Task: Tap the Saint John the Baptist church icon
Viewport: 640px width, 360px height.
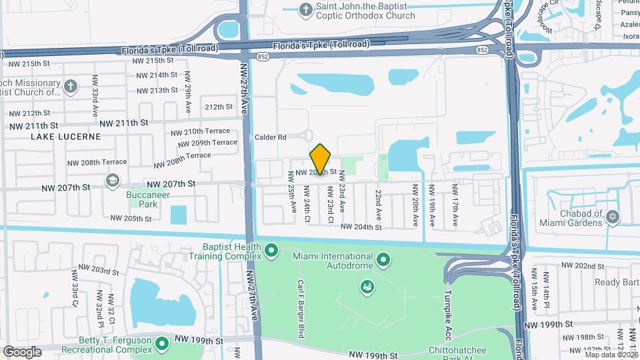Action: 305,9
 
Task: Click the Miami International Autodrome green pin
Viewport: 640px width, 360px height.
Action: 383,258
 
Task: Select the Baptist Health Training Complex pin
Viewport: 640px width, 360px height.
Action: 271,251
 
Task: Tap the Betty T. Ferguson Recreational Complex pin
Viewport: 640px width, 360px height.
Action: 161,344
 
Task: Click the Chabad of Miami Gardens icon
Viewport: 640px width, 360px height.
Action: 612,217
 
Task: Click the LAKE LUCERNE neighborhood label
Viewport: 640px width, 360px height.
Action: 65,137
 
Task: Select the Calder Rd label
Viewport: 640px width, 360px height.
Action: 270,137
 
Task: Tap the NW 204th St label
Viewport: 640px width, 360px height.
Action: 361,227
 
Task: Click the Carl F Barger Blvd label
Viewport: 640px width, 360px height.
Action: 301,308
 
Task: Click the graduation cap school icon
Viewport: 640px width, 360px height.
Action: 112,180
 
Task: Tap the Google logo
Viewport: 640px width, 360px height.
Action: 22,352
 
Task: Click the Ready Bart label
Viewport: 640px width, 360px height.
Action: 617,283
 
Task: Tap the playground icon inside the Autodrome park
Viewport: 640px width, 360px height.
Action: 365,287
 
